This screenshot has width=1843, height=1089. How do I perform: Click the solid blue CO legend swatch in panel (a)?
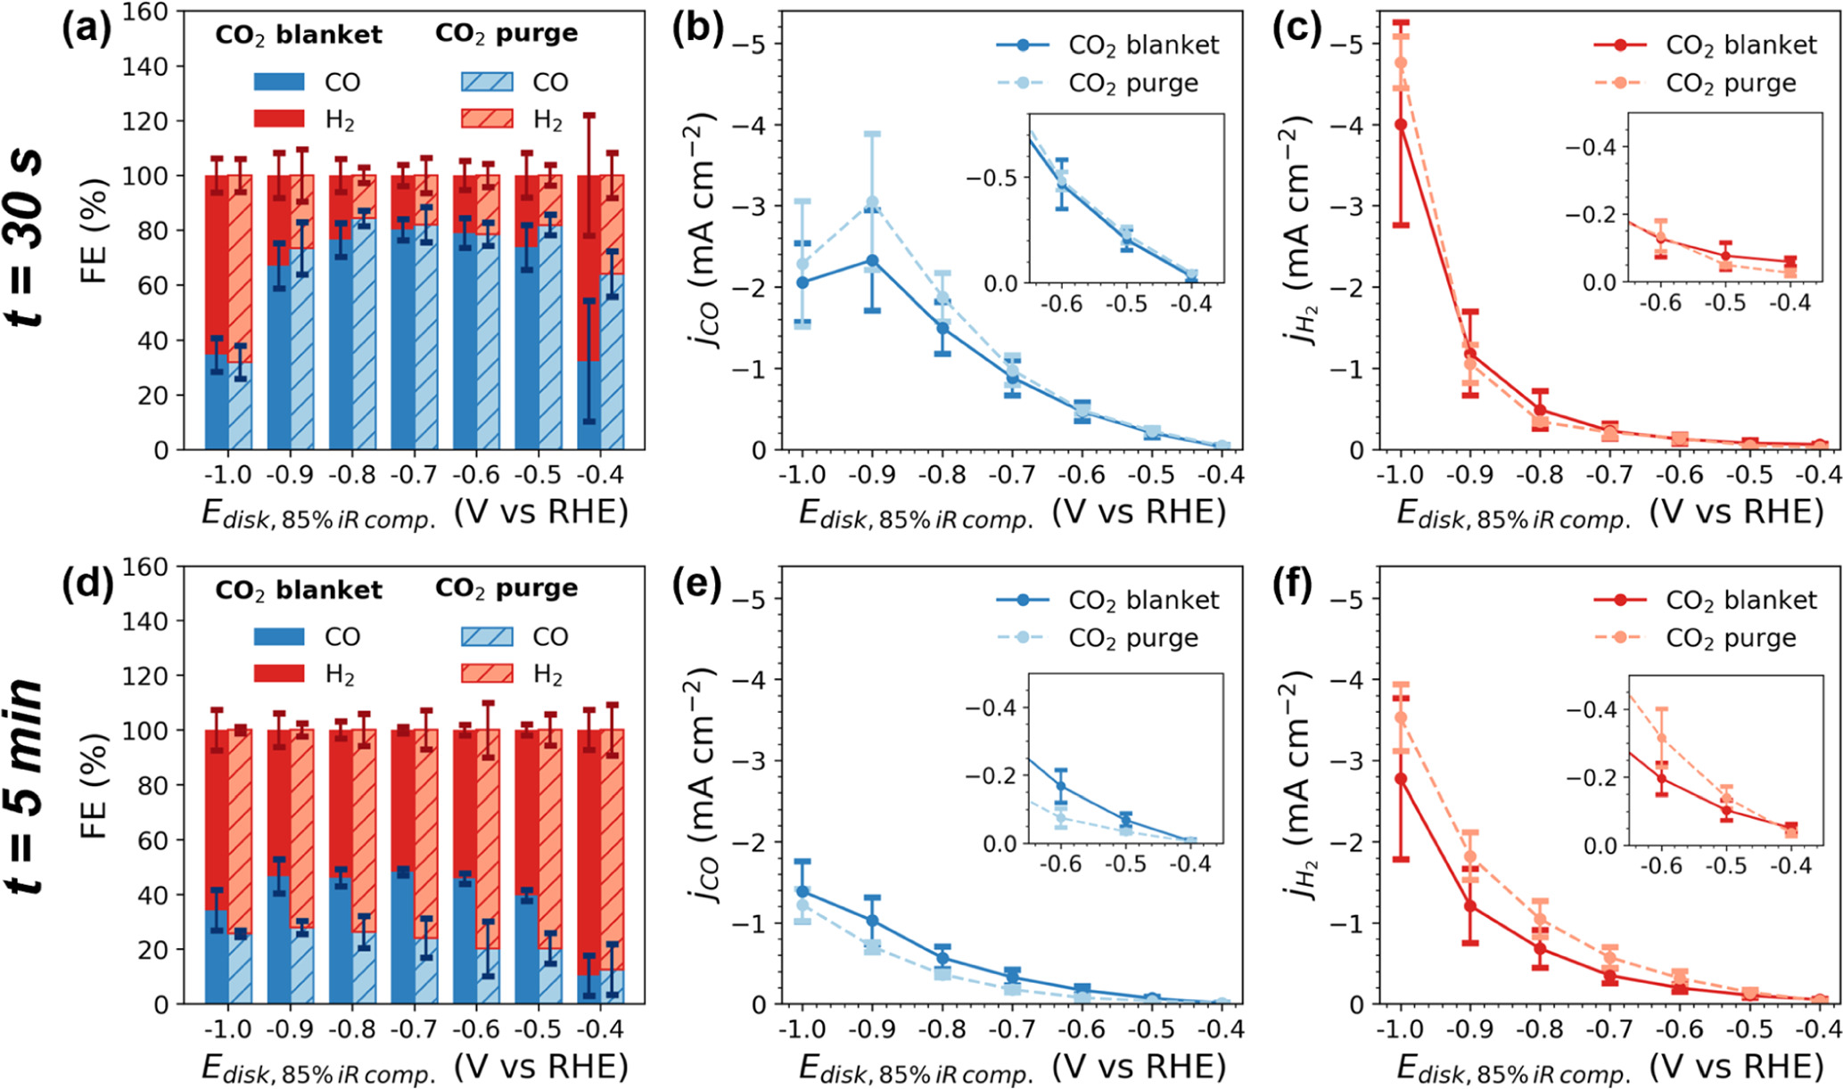click(279, 82)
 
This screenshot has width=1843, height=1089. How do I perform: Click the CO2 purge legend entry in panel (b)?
click(1132, 83)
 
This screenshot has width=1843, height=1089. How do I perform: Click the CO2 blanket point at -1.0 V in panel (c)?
click(1401, 125)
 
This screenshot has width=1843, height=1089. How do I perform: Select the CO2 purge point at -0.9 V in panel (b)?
click(872, 202)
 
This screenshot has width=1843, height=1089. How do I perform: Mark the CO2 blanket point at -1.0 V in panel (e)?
click(802, 891)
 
